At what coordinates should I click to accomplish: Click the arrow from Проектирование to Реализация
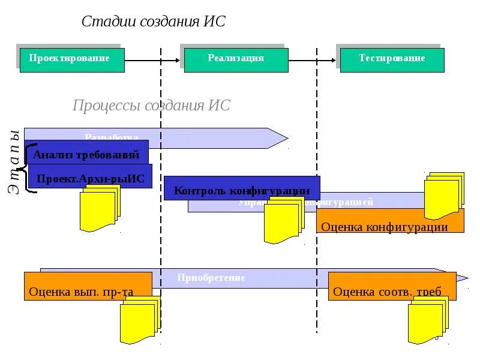tap(152, 60)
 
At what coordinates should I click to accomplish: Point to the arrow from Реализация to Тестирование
tap(312, 60)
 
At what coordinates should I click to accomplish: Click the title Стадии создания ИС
tap(153, 22)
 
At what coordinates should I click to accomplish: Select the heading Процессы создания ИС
tap(151, 106)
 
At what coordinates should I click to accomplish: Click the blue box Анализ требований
tap(86, 154)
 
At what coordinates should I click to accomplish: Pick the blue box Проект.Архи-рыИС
tap(90, 177)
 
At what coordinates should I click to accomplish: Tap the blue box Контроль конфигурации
tap(241, 188)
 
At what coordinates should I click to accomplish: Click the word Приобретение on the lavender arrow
tap(211, 278)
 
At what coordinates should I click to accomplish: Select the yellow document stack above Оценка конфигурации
tap(444, 196)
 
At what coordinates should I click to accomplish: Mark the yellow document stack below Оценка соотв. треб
tap(428, 320)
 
